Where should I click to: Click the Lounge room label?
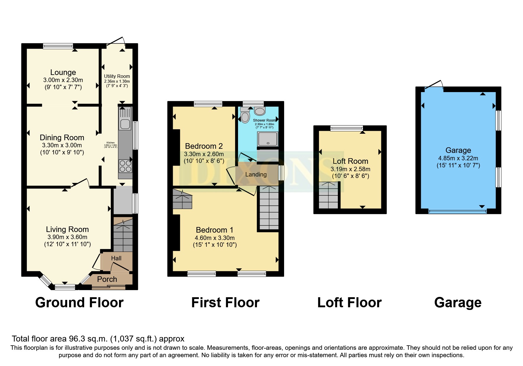(63, 72)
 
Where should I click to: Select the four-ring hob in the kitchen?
(125, 166)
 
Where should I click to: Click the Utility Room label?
(117, 76)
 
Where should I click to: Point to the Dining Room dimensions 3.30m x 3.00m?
(62, 145)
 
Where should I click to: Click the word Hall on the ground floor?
(116, 258)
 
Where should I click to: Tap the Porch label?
(107, 279)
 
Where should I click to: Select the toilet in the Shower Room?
(245, 115)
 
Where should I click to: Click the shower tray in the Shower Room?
(268, 139)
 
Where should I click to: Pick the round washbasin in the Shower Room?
(260, 111)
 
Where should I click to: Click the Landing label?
(256, 174)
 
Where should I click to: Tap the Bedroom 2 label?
(204, 146)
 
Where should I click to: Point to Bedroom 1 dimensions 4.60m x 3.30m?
(215, 238)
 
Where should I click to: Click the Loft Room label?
(350, 161)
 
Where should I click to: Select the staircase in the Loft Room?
(328, 195)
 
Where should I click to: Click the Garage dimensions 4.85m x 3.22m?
(458, 158)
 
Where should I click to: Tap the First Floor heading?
(225, 303)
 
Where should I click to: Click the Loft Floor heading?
(349, 303)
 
